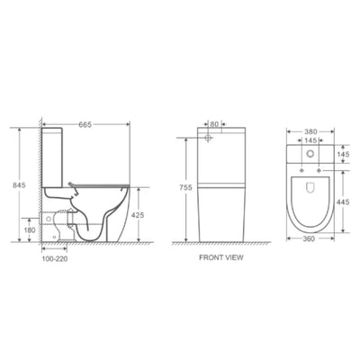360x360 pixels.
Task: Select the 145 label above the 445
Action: (343, 155)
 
